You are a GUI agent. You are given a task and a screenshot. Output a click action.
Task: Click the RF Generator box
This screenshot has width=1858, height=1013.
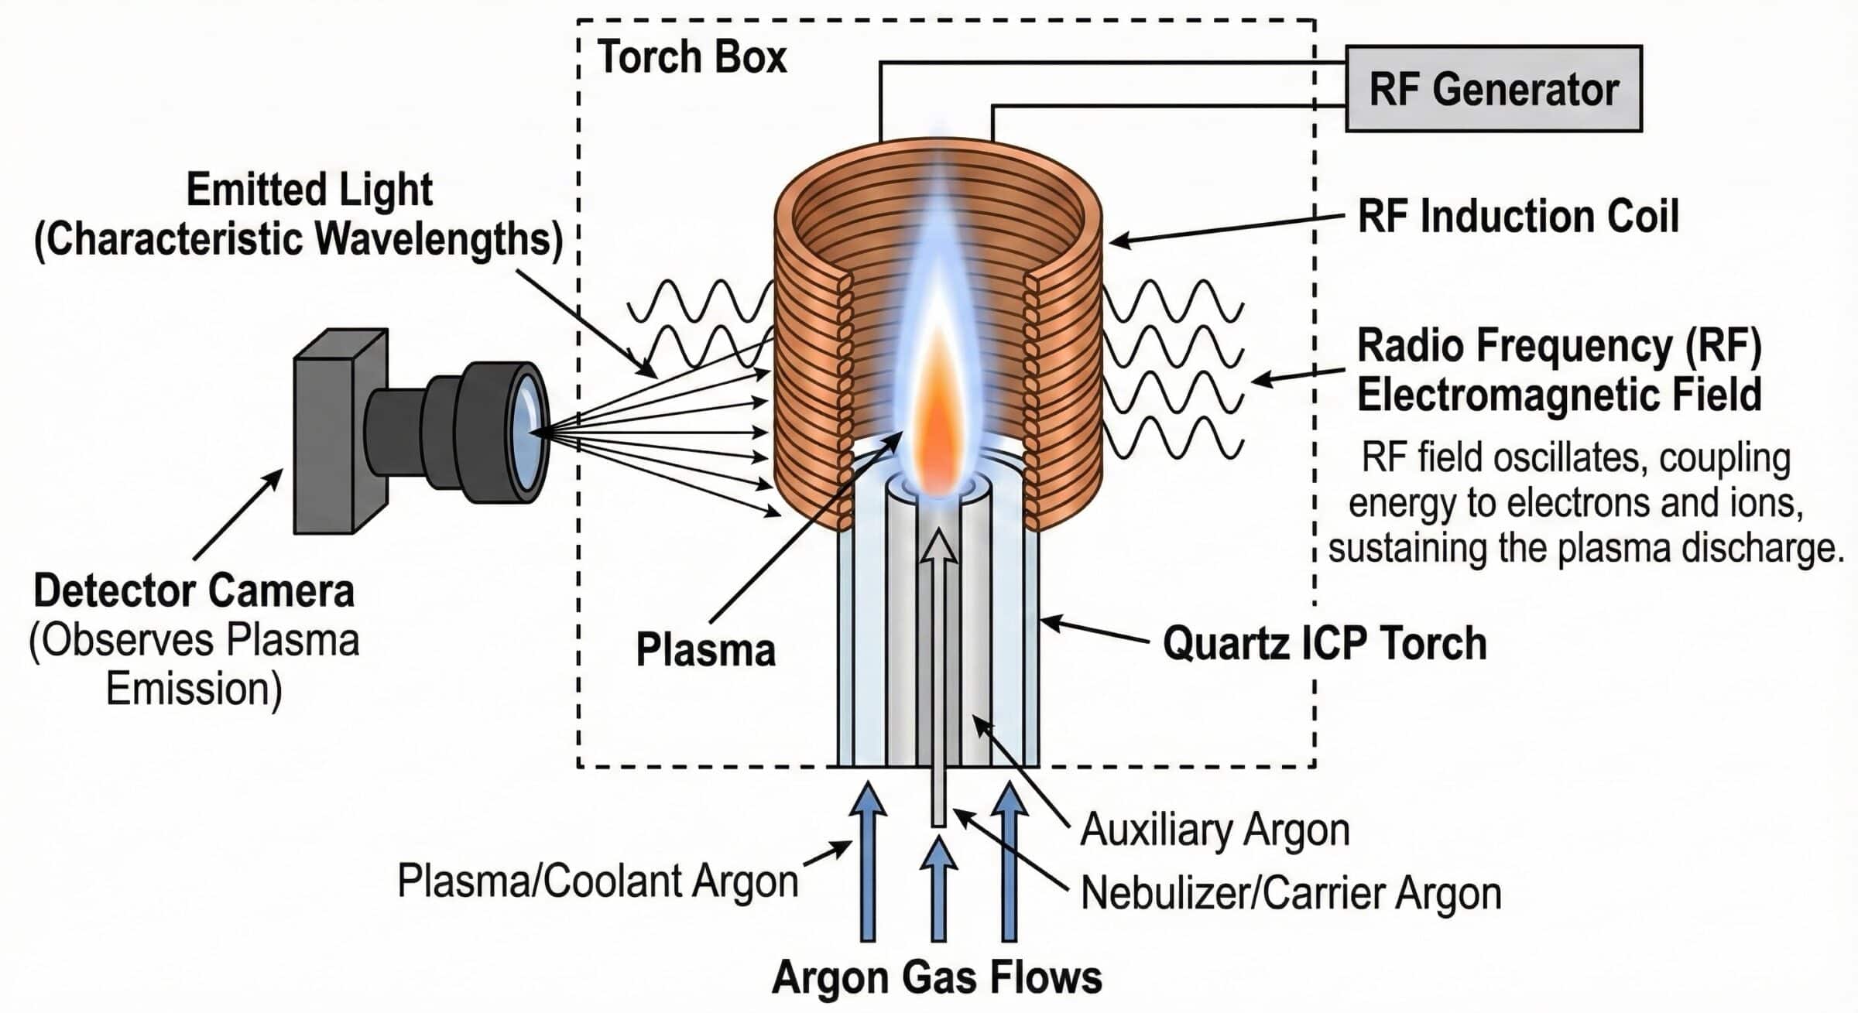pyautogui.click(x=1493, y=89)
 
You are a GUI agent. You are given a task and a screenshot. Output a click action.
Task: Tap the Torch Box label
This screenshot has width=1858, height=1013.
pyautogui.click(x=691, y=57)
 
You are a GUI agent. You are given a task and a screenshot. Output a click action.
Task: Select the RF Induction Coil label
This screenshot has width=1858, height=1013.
pyautogui.click(x=1518, y=217)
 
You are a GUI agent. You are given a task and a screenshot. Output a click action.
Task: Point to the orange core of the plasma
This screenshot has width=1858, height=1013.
pyautogui.click(x=938, y=418)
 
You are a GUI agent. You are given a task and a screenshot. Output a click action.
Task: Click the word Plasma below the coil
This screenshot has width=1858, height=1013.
pyautogui.click(x=705, y=649)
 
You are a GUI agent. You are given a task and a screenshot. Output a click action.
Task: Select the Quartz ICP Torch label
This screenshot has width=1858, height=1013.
pyautogui.click(x=1325, y=643)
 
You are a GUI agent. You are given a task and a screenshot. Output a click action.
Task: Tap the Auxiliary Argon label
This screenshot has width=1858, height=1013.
pyautogui.click(x=1215, y=830)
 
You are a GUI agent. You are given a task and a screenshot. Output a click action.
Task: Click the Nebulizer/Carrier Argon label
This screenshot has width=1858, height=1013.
pyautogui.click(x=1291, y=893)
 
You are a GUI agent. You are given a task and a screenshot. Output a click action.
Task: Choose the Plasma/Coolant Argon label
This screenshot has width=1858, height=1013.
pyautogui.click(x=598, y=881)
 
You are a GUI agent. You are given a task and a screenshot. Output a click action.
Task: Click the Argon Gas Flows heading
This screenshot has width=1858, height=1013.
pyautogui.click(x=937, y=977)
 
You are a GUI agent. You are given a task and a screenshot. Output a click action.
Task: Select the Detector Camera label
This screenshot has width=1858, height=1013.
pyautogui.click(x=194, y=591)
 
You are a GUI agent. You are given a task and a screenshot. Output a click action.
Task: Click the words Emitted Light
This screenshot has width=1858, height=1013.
pyautogui.click(x=309, y=190)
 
